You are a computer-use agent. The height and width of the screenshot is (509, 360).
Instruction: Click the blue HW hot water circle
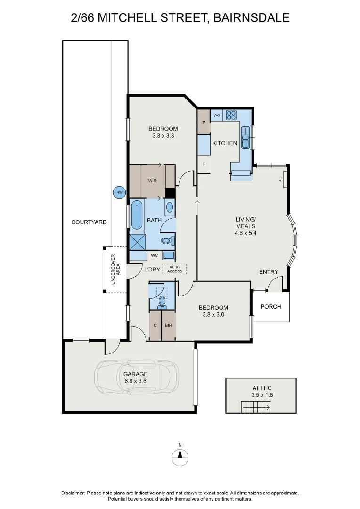(120, 193)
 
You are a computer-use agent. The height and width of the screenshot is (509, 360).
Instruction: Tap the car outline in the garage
(136, 377)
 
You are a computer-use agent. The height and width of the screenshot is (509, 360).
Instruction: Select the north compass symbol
(180, 456)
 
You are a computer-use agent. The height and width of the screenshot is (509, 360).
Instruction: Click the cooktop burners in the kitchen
(231, 115)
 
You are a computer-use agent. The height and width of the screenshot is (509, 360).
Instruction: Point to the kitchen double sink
(245, 137)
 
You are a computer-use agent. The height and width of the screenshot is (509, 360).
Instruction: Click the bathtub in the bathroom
(137, 215)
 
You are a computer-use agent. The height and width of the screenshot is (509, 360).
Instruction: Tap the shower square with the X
(137, 242)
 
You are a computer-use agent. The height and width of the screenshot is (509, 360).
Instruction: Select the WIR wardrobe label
(152, 181)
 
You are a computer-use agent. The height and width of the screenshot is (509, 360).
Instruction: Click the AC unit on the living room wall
(284, 179)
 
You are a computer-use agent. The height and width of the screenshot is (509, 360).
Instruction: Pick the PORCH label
(271, 306)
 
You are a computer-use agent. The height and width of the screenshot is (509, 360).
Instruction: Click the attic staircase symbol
(255, 407)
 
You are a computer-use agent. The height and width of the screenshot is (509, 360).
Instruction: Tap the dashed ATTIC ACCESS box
(174, 269)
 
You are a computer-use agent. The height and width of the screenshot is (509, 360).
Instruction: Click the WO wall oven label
(217, 115)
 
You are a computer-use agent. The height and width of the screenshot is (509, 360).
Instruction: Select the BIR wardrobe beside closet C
(169, 326)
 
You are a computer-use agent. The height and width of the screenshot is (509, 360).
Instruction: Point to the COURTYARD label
(89, 222)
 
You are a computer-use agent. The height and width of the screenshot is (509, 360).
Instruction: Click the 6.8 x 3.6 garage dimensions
(135, 381)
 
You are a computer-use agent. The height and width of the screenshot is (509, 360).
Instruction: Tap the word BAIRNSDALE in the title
(251, 17)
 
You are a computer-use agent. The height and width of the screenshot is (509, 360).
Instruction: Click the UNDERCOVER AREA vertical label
(115, 269)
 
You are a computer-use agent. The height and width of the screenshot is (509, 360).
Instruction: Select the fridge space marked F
(204, 164)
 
